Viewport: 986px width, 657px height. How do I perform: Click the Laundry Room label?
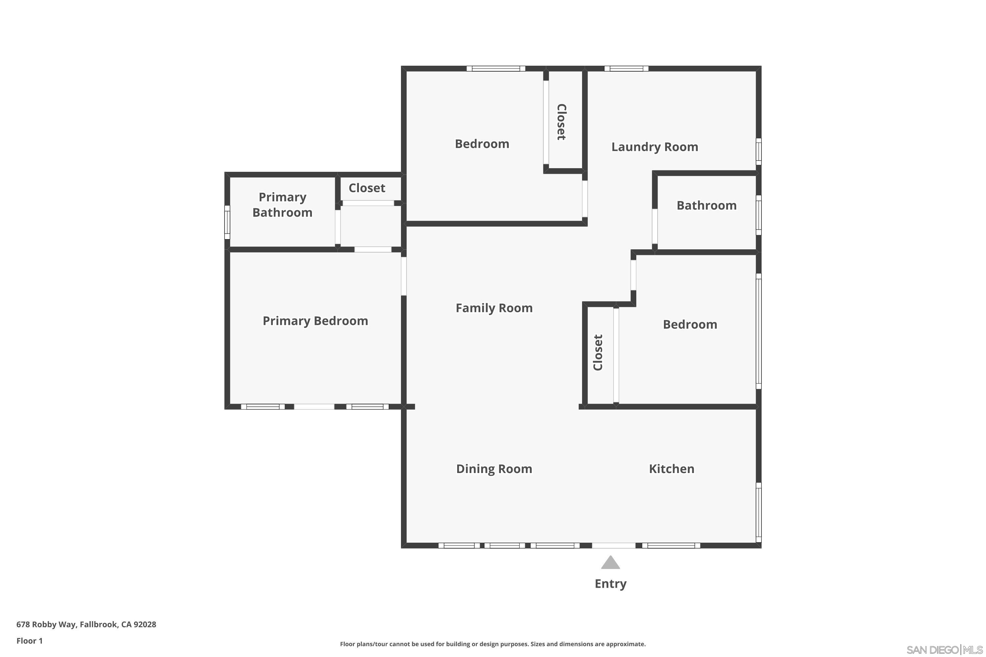654,147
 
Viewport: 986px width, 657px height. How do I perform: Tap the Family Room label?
494,308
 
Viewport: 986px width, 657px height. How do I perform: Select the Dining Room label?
494,469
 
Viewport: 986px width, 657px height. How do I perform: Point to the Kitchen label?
671,469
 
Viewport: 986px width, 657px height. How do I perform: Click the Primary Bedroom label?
315,321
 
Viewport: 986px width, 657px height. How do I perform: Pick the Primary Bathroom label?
282,205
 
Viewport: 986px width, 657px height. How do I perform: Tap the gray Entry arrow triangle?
610,563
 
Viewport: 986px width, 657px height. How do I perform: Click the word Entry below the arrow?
610,584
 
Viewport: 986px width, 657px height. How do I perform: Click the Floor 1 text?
29,641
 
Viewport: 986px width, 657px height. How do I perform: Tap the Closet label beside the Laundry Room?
561,122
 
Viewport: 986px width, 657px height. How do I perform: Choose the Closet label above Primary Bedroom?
367,188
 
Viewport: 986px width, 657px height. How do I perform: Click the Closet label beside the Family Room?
598,352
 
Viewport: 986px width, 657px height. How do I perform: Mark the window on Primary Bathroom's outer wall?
227,222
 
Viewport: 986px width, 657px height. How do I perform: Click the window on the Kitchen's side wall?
758,512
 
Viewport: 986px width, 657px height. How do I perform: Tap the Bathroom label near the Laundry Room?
706,206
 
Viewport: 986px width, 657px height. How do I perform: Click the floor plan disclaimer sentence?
493,644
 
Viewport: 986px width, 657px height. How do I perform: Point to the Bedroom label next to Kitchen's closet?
690,325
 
